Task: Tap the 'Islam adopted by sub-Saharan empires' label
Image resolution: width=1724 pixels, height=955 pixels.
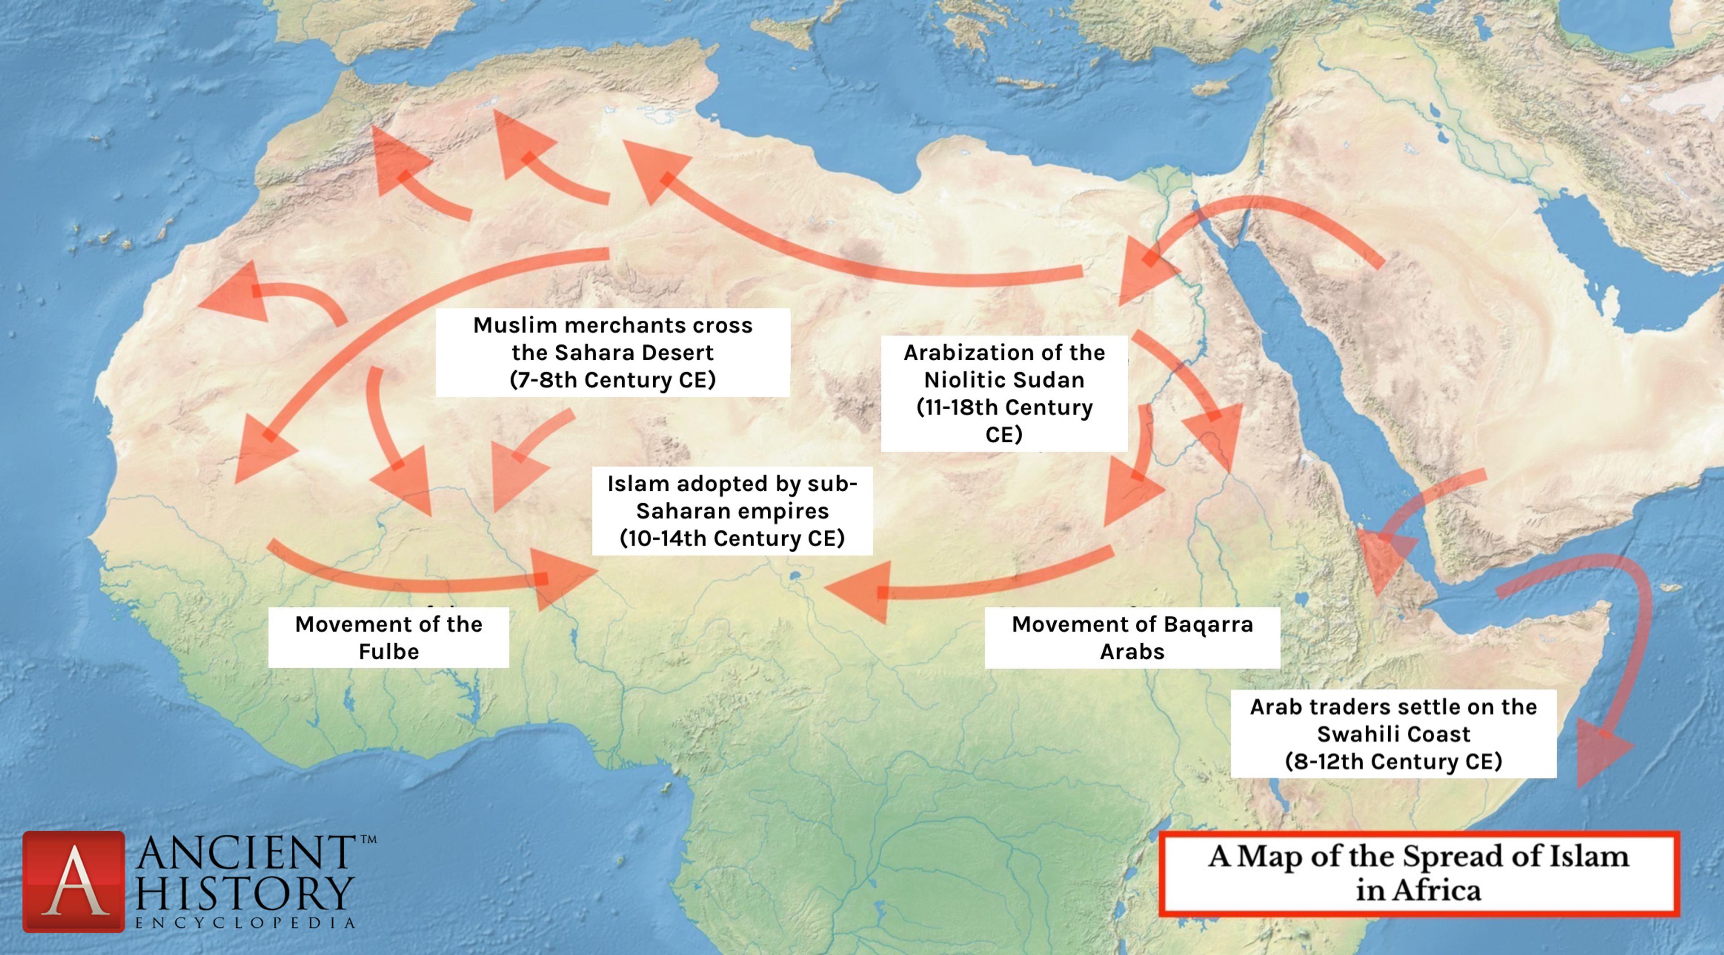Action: click(x=732, y=510)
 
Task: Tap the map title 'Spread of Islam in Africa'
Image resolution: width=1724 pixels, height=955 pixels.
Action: click(x=1418, y=873)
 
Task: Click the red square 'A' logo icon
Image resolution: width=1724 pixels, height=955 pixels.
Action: click(x=74, y=881)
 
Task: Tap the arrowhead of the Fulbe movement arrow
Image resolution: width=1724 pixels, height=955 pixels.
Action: click(x=562, y=579)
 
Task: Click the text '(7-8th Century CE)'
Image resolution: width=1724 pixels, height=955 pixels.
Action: click(x=612, y=380)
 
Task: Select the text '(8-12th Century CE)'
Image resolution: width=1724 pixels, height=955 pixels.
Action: click(x=1394, y=761)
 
